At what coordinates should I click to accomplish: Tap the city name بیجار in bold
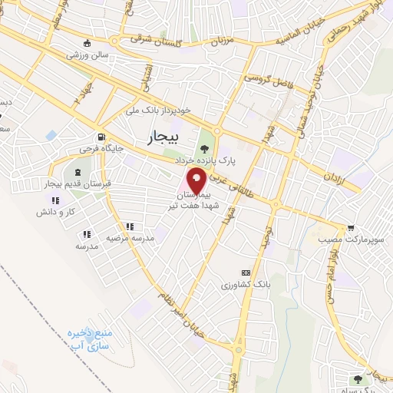click(x=162, y=137)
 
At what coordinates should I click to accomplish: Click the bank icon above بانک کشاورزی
click(x=246, y=272)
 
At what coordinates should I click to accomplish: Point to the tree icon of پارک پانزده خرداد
click(x=204, y=148)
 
